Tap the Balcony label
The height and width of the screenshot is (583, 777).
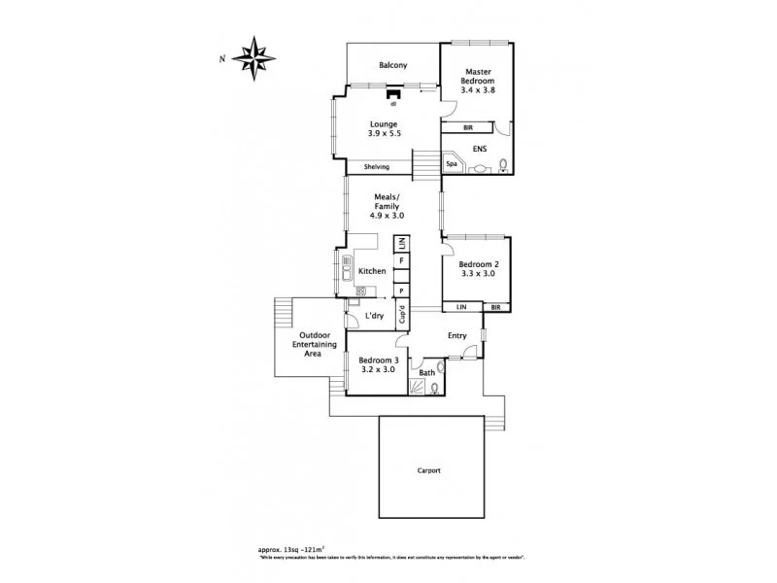(x=393, y=66)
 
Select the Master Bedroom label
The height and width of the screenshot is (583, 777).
(x=478, y=77)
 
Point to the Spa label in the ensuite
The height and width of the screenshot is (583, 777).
(x=452, y=164)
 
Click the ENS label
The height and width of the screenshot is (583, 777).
(x=479, y=149)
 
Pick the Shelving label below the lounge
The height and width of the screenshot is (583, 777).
(x=377, y=167)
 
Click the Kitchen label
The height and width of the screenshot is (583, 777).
(x=373, y=271)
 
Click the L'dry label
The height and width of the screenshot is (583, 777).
(x=373, y=317)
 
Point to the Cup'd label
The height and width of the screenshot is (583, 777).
(x=401, y=314)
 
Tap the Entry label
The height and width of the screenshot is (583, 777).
(x=456, y=336)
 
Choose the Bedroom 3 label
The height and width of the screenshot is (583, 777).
(x=377, y=360)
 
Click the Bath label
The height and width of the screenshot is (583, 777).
(x=427, y=372)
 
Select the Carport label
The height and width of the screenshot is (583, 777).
(x=430, y=470)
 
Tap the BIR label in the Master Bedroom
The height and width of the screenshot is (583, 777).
(x=467, y=127)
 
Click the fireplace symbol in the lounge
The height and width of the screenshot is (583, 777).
(x=393, y=94)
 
